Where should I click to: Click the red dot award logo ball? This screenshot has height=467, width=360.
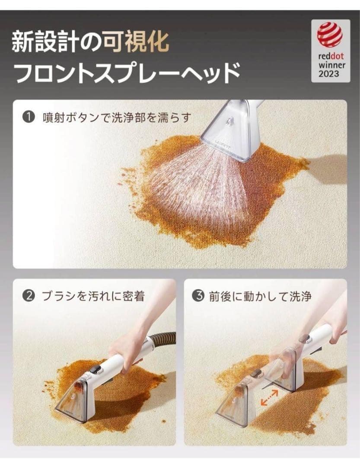(330, 35)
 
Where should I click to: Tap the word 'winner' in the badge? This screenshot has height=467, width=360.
(330, 65)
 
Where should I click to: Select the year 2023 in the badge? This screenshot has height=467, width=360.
(330, 74)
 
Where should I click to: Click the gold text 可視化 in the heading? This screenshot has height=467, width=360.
(136, 42)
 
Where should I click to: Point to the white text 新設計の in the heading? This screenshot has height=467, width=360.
(57, 42)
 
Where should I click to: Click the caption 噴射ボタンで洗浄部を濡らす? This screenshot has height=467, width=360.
(116, 117)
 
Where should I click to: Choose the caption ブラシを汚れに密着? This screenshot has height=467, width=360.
(93, 297)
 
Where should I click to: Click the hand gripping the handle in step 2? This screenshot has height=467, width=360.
(125, 346)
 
